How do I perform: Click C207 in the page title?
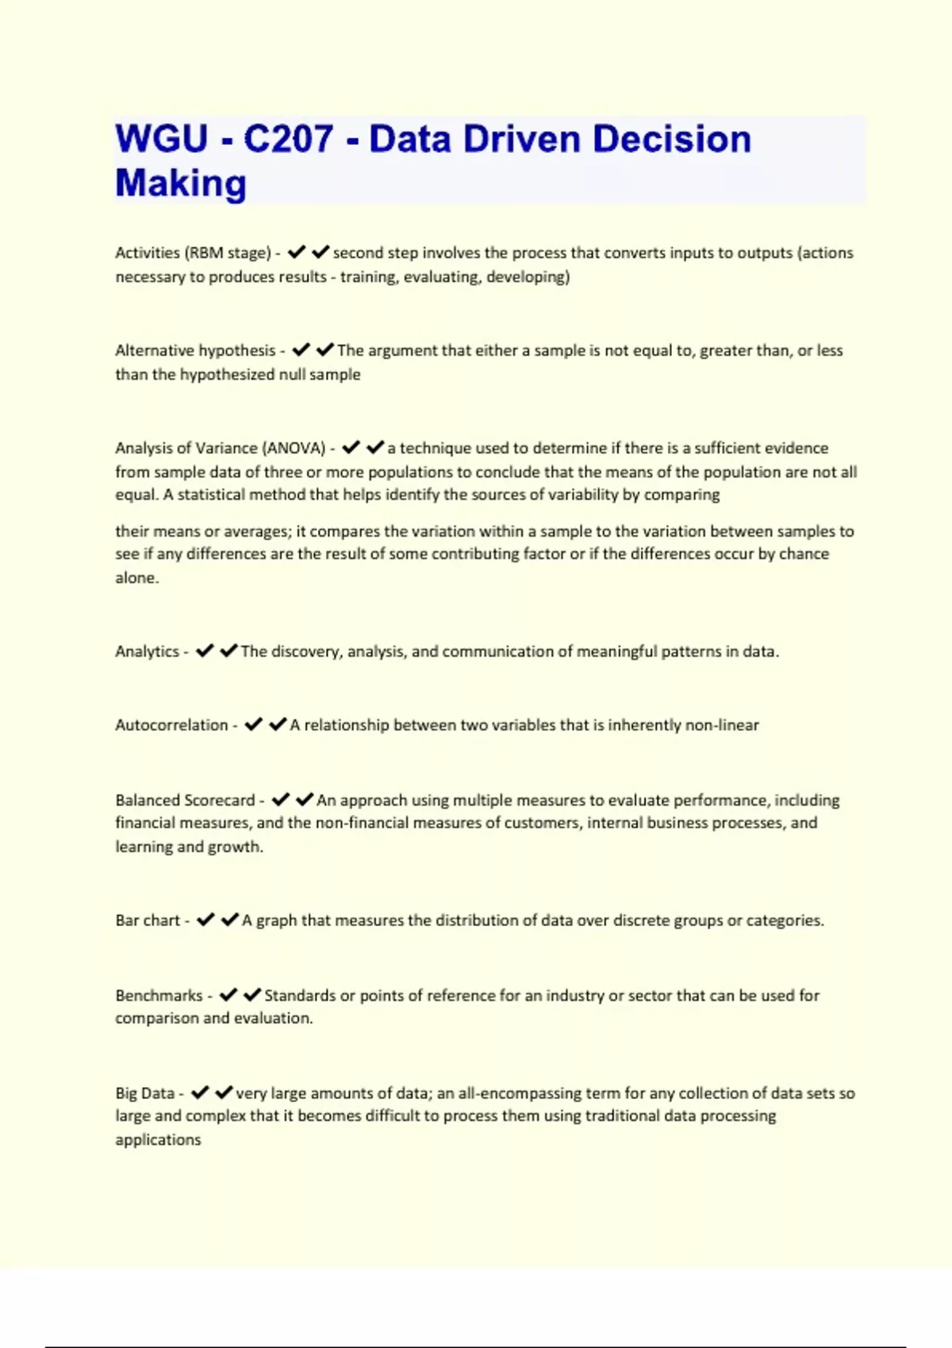288,140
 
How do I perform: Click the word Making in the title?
181,183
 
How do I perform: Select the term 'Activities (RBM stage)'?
193,253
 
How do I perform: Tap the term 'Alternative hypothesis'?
195,350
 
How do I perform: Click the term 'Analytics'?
147,652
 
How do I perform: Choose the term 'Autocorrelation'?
171,726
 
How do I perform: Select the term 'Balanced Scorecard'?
185,801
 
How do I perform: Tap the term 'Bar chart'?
148,921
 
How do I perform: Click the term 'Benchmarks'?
159,996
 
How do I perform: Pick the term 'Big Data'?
144,1093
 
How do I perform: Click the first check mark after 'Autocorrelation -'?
253,725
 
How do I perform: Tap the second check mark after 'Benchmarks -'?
252,995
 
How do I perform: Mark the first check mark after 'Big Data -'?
200,1093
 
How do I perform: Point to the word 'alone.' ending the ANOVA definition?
137,578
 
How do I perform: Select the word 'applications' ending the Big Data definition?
158,1140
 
